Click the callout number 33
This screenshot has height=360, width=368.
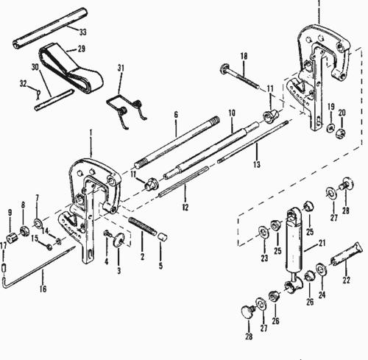point(83,32)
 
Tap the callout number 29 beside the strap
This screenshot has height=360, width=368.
point(82,49)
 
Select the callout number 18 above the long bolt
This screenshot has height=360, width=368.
point(244,56)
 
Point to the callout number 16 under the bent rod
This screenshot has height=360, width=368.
point(43,289)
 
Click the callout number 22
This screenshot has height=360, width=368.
point(346,280)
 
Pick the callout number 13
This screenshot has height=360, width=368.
point(257,164)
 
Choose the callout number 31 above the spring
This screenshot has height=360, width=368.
point(121,68)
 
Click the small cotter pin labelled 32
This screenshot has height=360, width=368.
point(38,94)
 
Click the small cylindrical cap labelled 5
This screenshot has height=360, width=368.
point(162,237)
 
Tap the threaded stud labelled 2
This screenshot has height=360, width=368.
point(143,226)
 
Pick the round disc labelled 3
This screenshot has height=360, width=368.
point(118,239)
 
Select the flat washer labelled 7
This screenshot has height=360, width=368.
point(38,223)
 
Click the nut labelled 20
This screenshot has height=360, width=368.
point(341,133)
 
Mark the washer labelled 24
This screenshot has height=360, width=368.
point(321,269)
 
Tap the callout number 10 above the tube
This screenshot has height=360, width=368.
point(232,113)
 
